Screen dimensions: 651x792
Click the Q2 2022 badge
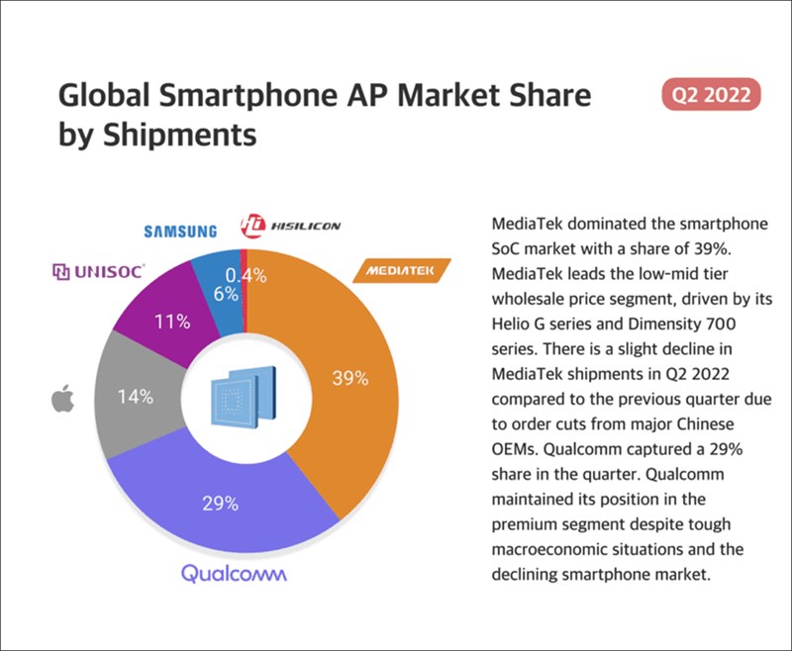710,96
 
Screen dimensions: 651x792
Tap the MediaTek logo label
402,270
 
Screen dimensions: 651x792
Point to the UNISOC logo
98,270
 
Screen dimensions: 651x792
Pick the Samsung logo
179,232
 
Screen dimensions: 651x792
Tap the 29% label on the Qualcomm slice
220,503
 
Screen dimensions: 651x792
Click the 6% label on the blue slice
225,294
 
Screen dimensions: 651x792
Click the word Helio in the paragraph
514,323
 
